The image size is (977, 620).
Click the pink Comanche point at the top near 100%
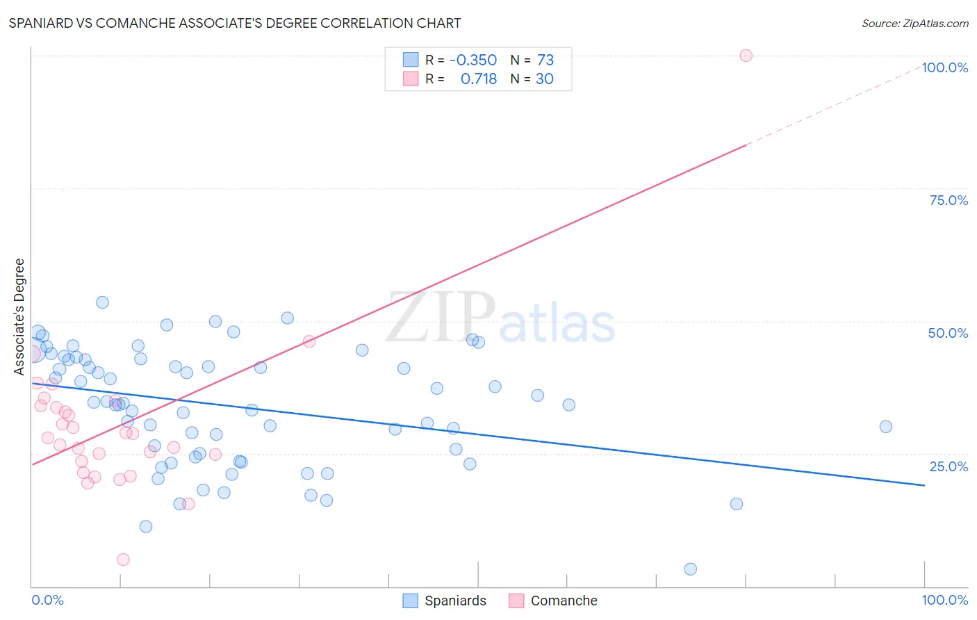tap(746, 56)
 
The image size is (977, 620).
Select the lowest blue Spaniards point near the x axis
tap(690, 569)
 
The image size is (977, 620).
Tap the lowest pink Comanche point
tap(123, 560)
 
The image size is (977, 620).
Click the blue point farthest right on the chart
tap(885, 427)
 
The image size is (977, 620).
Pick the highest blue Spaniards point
tap(102, 302)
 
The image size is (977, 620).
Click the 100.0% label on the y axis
tap(944, 67)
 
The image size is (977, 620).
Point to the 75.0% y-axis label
tap(949, 200)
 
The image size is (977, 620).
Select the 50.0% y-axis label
tap(948, 333)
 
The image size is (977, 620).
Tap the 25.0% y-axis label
tap(949, 466)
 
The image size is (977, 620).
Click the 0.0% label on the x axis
tap(47, 600)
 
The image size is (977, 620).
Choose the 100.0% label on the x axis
tap(944, 600)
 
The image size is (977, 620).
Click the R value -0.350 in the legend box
tap(473, 60)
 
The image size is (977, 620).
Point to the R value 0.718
tap(479, 79)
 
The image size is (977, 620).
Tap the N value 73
tap(545, 60)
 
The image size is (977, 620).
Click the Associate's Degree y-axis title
tap(19, 317)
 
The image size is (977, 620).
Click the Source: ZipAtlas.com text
tap(914, 23)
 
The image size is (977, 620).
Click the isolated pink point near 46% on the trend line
tap(309, 341)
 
